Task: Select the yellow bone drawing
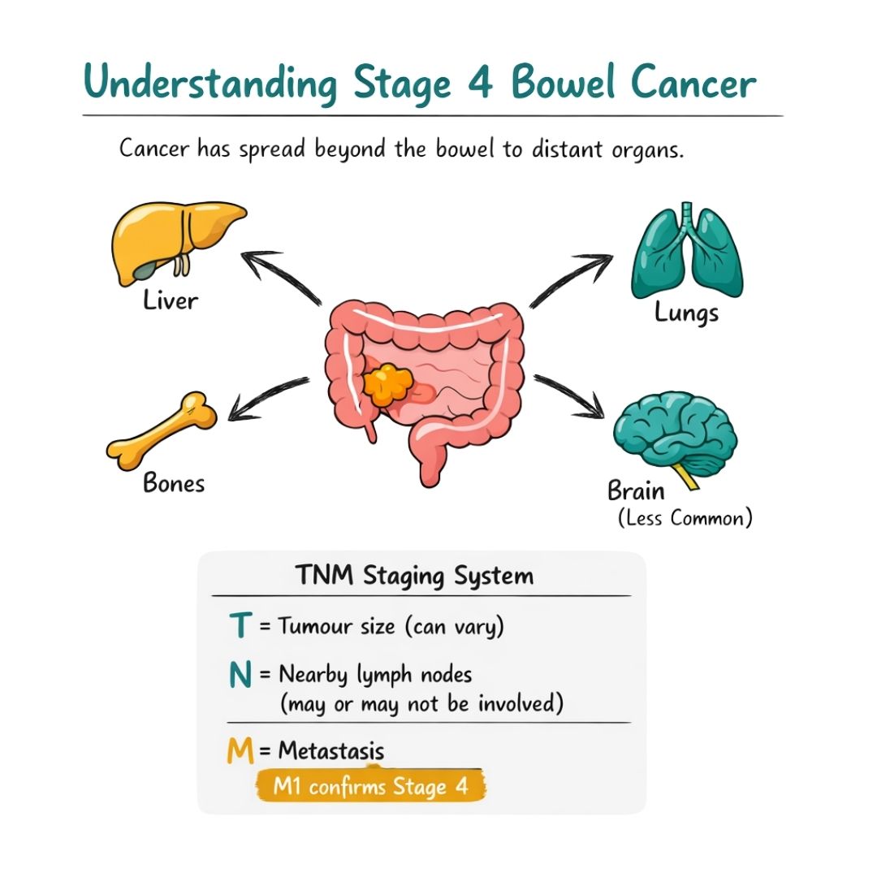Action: [x=162, y=430]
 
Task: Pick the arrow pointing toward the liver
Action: [x=280, y=276]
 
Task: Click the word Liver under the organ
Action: [x=171, y=301]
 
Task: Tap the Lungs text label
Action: [x=687, y=313]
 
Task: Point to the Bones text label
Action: [x=174, y=483]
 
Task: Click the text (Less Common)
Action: [x=685, y=518]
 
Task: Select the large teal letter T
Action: [x=240, y=626]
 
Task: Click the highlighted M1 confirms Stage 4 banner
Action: [x=371, y=787]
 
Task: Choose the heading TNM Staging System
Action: [x=414, y=577]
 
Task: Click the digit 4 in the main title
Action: [x=482, y=84]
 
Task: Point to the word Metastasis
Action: [x=331, y=751]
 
